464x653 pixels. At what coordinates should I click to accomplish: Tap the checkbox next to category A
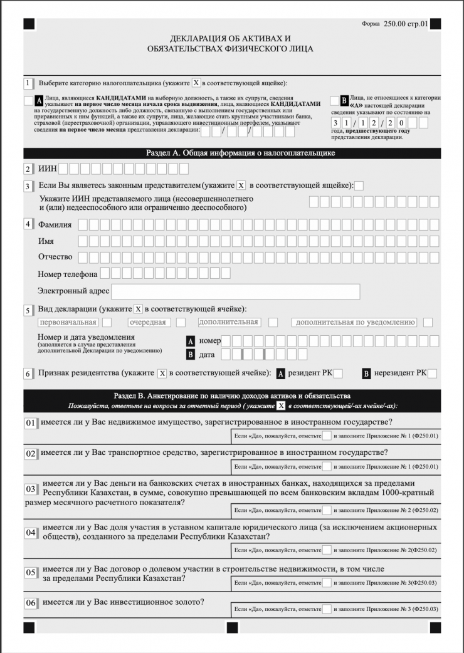click(28, 101)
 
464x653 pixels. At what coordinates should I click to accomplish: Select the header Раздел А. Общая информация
click(232, 153)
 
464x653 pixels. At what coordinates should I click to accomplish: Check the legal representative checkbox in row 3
click(359, 185)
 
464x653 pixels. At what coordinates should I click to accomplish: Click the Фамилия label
click(55, 224)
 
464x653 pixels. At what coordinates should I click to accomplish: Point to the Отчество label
click(55, 256)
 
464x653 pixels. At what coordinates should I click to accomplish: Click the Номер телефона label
click(68, 274)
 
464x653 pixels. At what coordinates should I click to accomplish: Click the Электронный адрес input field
click(235, 291)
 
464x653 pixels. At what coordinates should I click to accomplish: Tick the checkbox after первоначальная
click(107, 322)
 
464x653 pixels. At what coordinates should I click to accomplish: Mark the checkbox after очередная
click(181, 322)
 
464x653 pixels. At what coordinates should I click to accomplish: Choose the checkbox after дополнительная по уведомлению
click(428, 322)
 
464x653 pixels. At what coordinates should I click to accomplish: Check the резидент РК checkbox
click(338, 374)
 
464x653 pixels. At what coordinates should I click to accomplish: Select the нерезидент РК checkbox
click(432, 374)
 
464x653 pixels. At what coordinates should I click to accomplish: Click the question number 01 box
click(31, 423)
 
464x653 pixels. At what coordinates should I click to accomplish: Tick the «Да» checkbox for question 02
click(327, 466)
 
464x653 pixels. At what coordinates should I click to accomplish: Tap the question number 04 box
click(31, 533)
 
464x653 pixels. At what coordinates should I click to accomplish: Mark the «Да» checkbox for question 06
click(327, 609)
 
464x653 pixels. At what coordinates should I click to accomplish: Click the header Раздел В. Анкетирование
click(232, 396)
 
